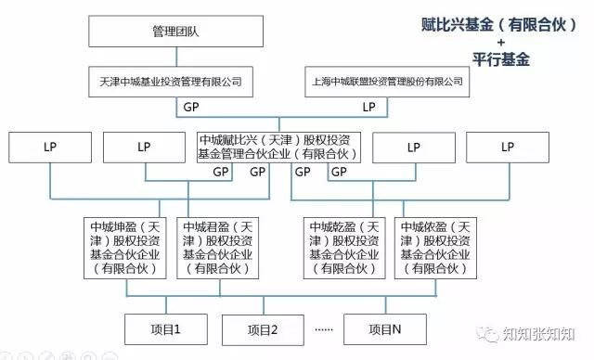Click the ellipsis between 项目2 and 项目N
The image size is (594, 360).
coord(324,329)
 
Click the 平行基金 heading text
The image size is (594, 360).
coord(500,60)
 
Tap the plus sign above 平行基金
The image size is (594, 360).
coord(500,43)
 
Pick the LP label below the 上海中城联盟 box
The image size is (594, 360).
coord(368,108)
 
